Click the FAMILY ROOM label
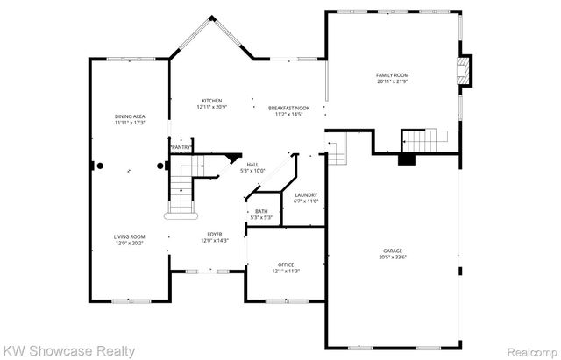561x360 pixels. tap(393, 75)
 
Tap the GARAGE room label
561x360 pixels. tap(393, 251)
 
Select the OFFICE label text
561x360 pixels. tap(287, 265)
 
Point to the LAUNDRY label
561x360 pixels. tap(306, 194)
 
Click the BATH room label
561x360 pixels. tap(261, 211)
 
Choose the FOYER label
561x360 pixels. tap(214, 234)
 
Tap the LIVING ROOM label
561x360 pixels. tap(129, 236)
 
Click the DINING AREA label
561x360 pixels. tap(129, 117)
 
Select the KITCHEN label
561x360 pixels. tap(212, 101)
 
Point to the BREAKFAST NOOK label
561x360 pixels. tap(288, 108)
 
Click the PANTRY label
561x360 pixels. tap(181, 147)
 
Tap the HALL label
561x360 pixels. tap(252, 165)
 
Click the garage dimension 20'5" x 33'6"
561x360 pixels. tap(393, 257)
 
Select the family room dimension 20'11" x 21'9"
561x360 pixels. tap(393, 81)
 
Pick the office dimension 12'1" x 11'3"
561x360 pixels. tap(287, 271)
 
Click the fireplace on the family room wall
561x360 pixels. tap(465, 72)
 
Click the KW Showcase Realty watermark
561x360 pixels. tap(68, 351)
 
